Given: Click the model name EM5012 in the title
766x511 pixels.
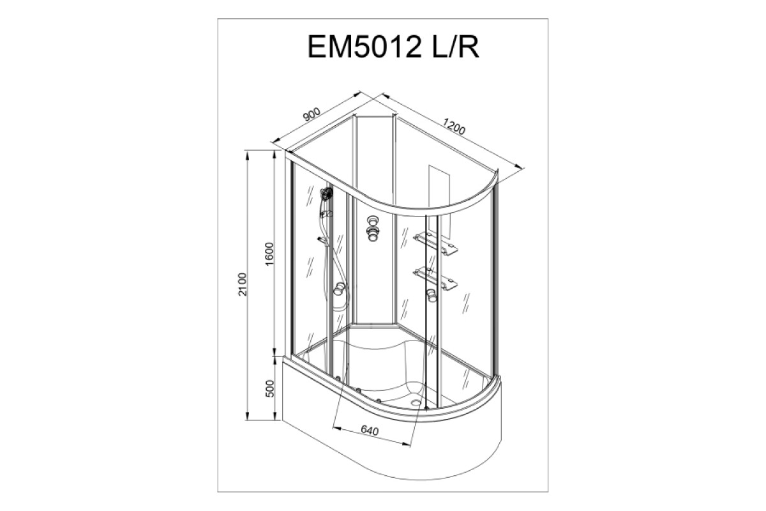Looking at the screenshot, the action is pos(364,47).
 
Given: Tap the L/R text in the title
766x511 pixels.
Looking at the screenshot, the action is pos(455,47).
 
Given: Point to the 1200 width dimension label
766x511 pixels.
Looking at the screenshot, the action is pos(454,126).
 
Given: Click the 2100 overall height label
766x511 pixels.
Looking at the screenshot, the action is pos(243,284).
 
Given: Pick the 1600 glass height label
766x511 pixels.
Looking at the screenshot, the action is pos(269,254).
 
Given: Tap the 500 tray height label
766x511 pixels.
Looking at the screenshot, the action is pos(270,388).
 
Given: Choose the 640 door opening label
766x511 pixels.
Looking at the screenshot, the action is pos(370,431).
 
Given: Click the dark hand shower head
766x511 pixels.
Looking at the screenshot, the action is pos(327,194).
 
